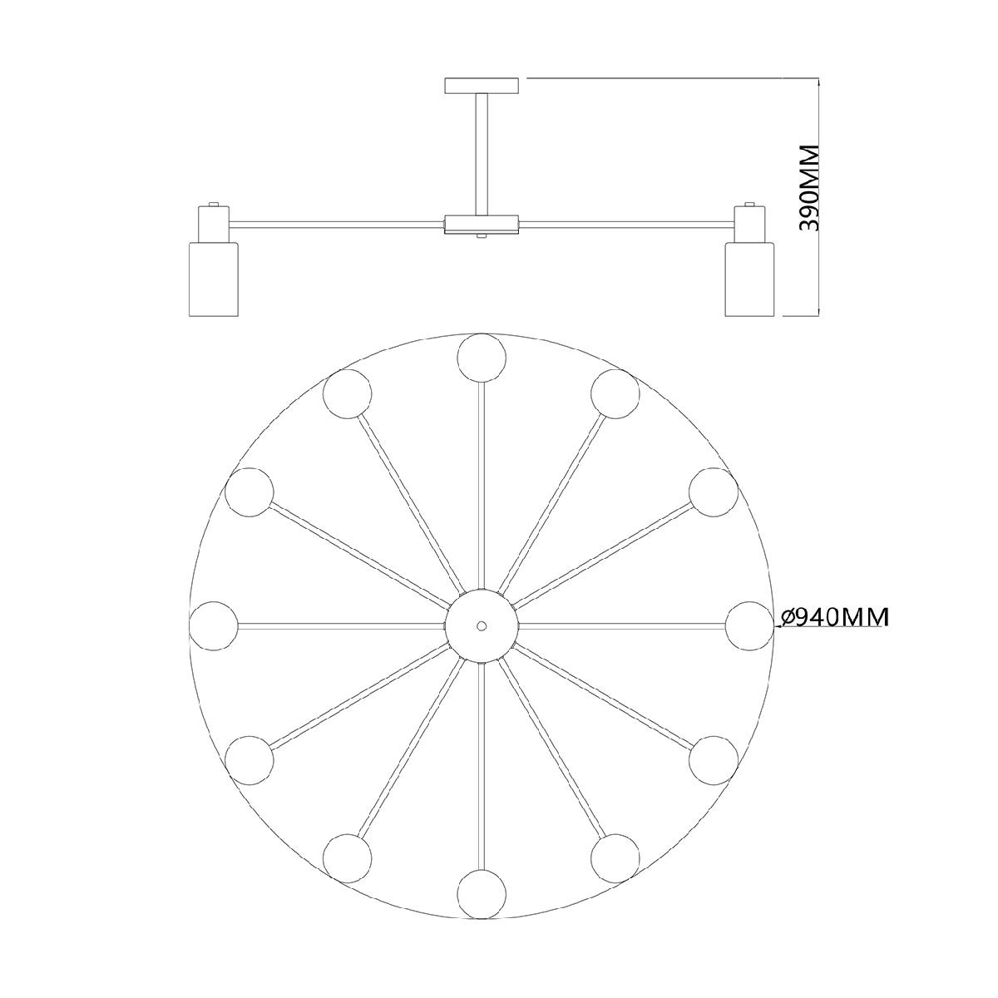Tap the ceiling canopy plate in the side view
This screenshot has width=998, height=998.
click(482, 86)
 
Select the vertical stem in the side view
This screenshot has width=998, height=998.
click(482, 154)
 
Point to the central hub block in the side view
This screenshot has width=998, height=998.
click(482, 224)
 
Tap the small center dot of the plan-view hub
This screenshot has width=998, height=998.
click(482, 626)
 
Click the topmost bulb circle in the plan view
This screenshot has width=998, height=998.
click(482, 358)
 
